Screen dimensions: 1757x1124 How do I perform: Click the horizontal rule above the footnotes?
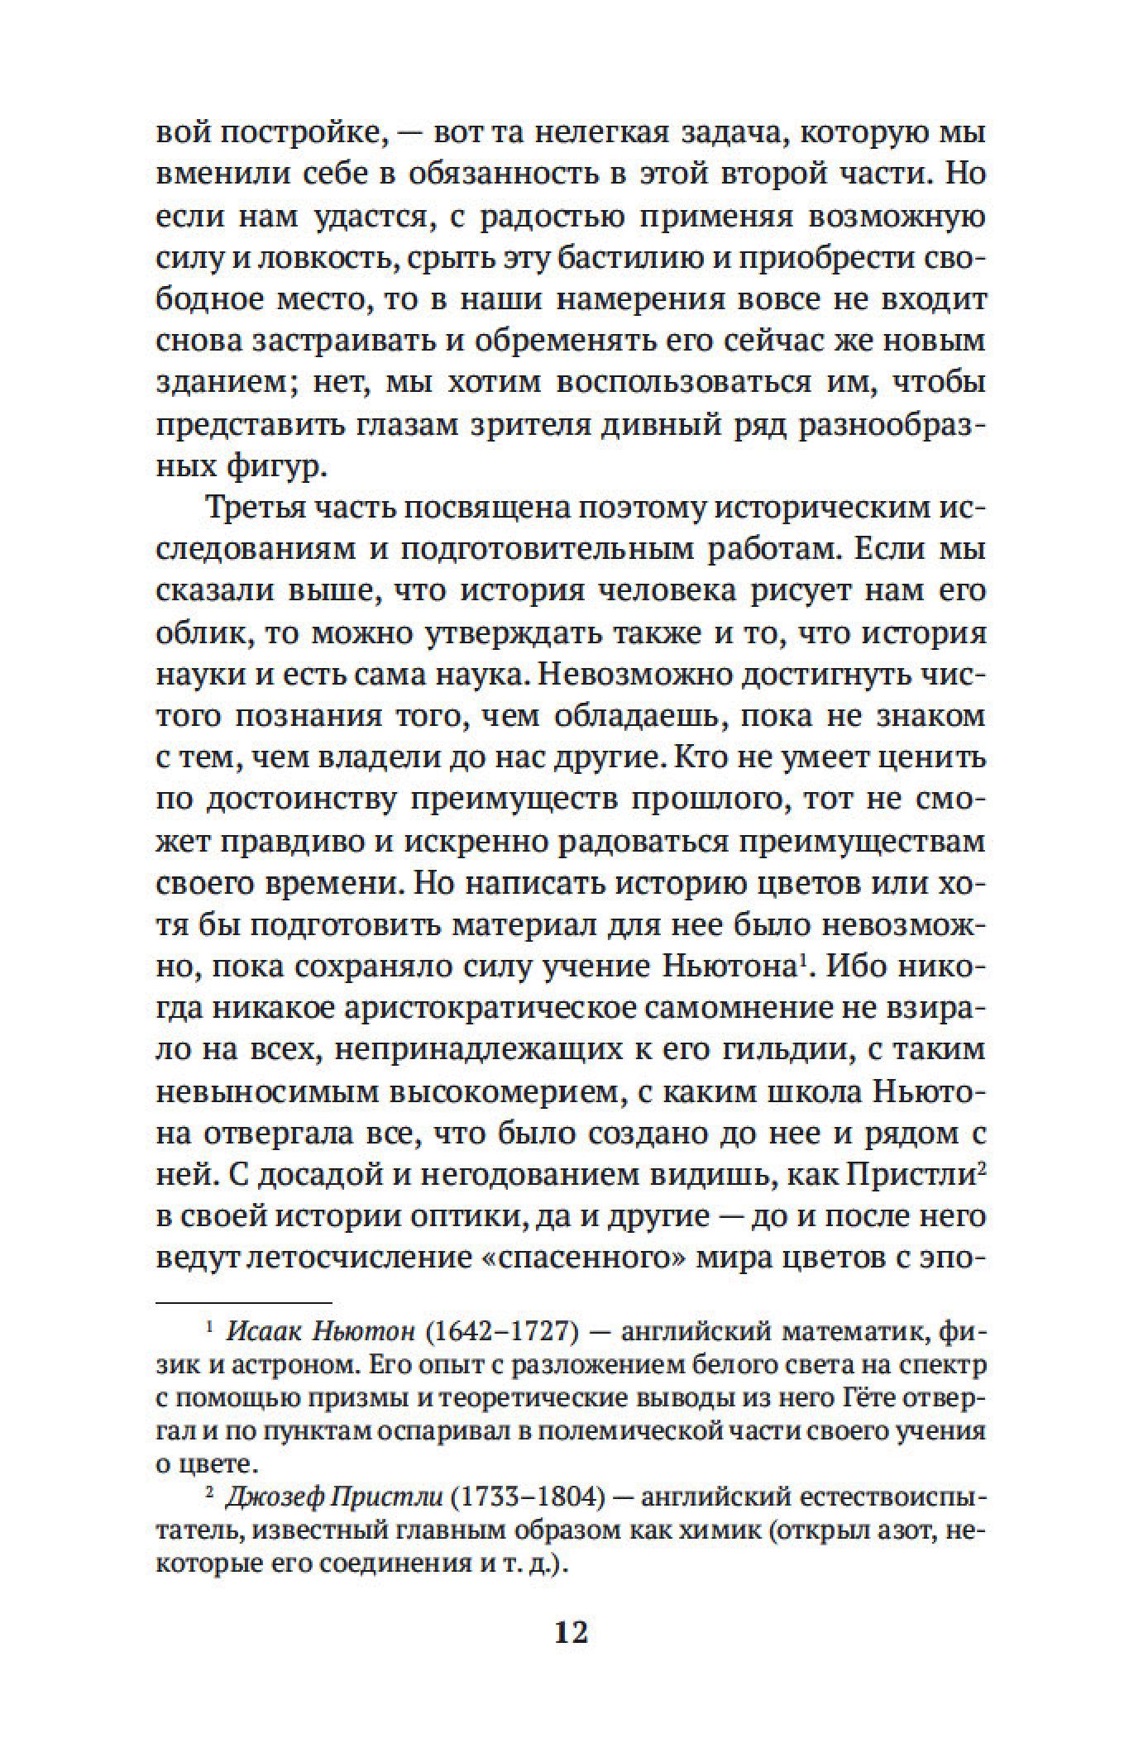pyautogui.click(x=243, y=1301)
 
